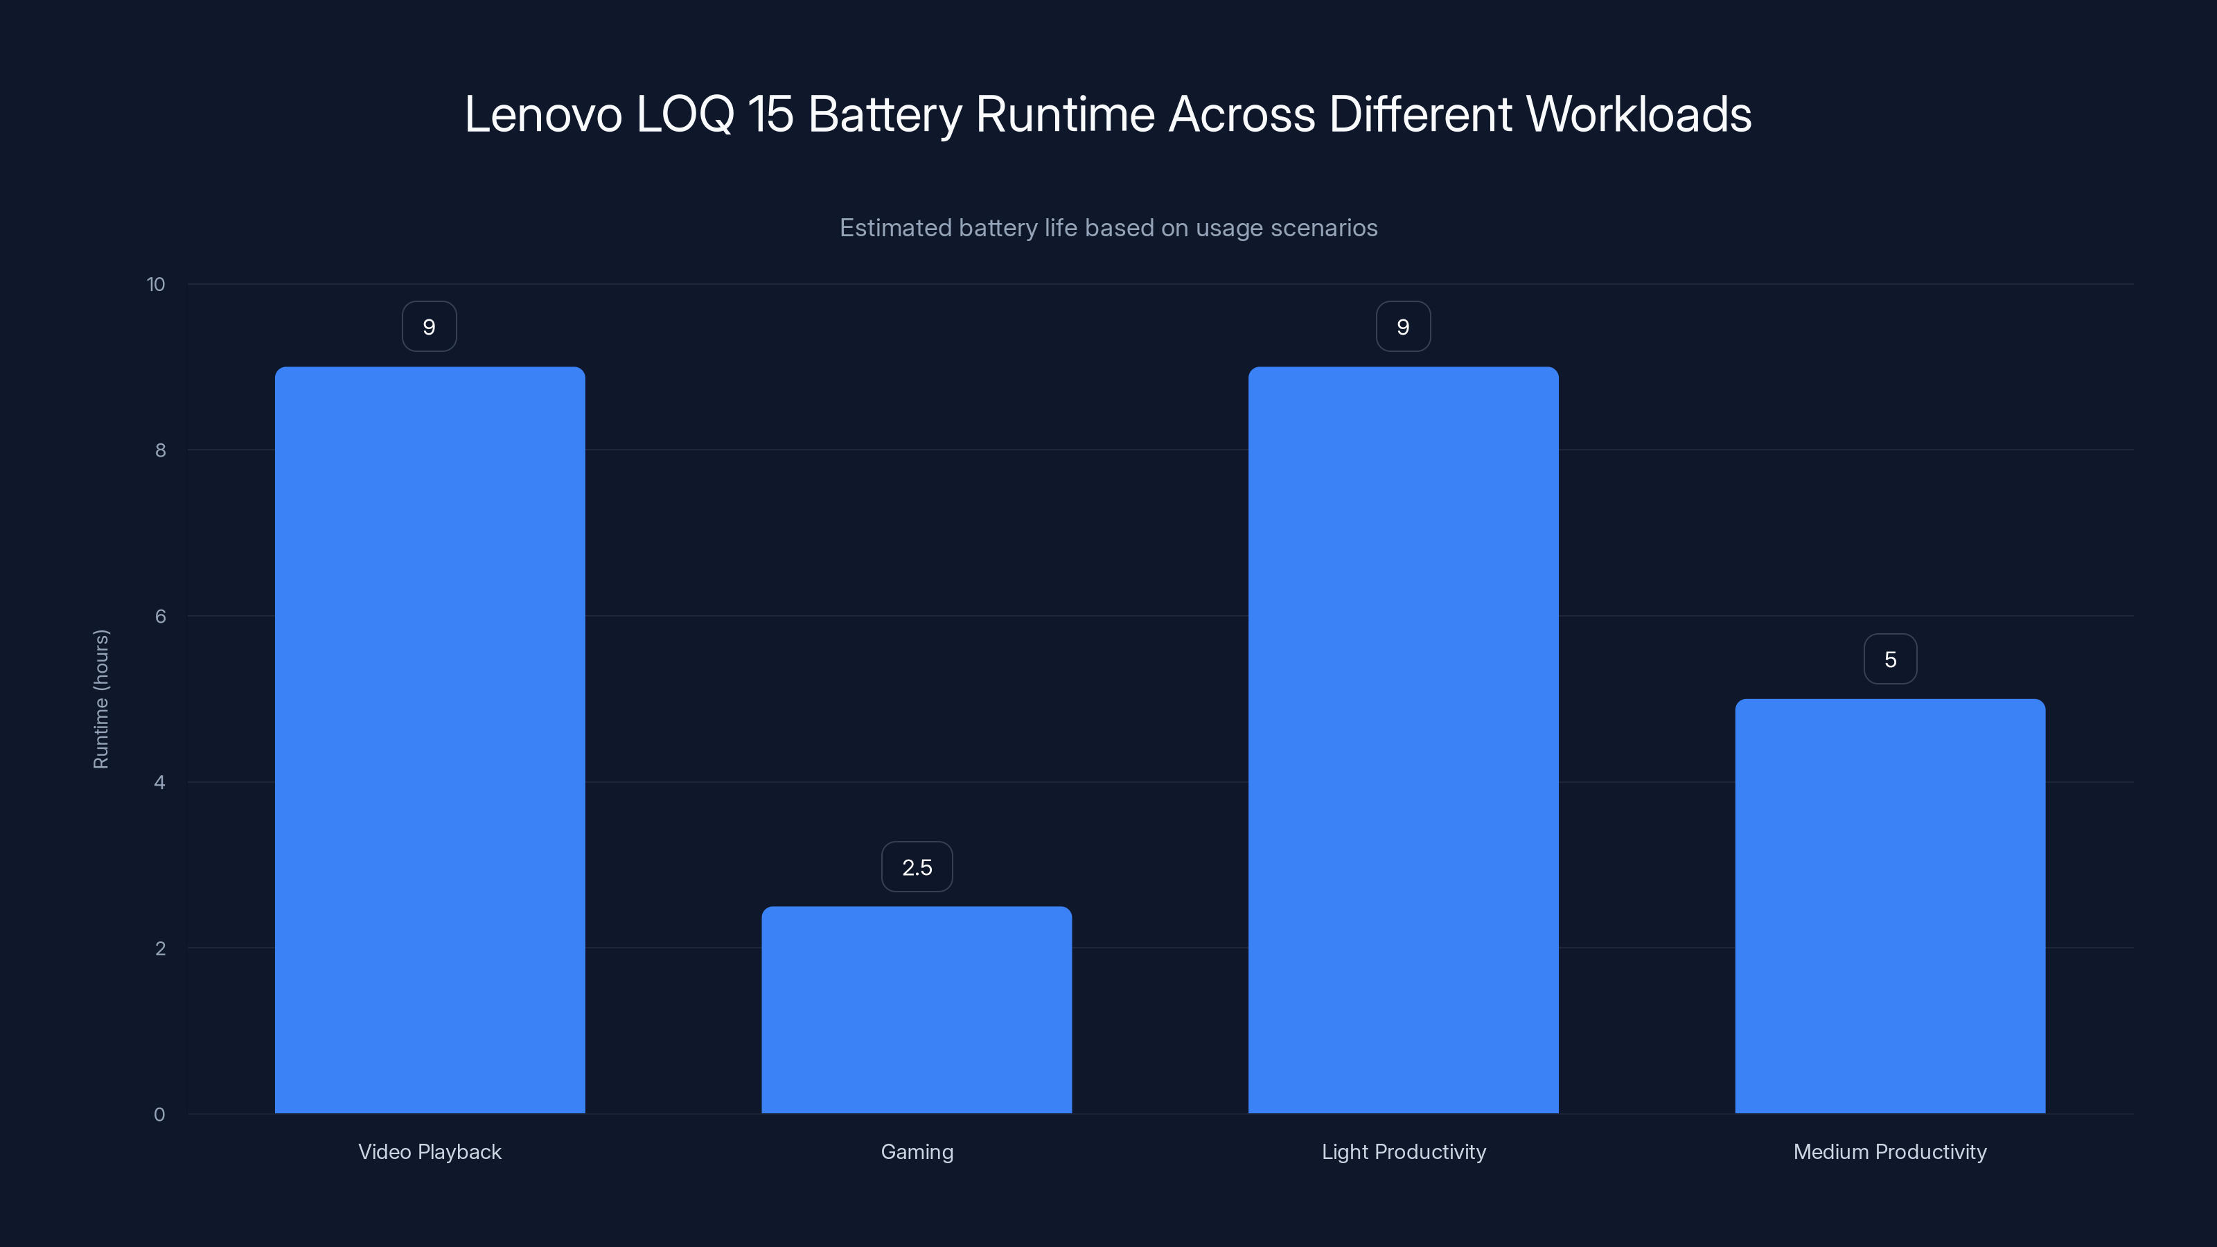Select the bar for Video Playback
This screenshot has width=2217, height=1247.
pyautogui.click(x=430, y=740)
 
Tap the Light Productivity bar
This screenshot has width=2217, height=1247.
pyautogui.click(x=1403, y=740)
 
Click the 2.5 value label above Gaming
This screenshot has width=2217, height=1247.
pyautogui.click(x=917, y=867)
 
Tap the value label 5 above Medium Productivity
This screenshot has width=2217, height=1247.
pyautogui.click(x=1890, y=660)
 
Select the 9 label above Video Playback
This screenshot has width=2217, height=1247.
pyautogui.click(x=430, y=327)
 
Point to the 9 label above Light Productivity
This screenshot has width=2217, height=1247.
pyautogui.click(x=1403, y=327)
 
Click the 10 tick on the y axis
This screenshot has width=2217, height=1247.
pyautogui.click(x=156, y=285)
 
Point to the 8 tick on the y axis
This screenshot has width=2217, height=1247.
pyautogui.click(x=160, y=450)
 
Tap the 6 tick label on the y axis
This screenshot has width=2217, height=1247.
pyautogui.click(x=160, y=616)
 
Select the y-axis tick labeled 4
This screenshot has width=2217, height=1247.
pyautogui.click(x=160, y=782)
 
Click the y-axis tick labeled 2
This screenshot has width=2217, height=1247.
pyautogui.click(x=160, y=948)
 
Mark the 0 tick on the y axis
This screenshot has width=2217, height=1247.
pyautogui.click(x=160, y=1115)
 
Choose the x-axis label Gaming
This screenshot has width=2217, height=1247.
pyautogui.click(x=917, y=1151)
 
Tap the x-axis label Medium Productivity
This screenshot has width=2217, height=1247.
pyautogui.click(x=1890, y=1151)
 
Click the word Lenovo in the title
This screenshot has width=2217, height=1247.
pyautogui.click(x=543, y=114)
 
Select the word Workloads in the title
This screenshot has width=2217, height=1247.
pyautogui.click(x=1639, y=114)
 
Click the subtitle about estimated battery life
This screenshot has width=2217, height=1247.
pyautogui.click(x=1108, y=228)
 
